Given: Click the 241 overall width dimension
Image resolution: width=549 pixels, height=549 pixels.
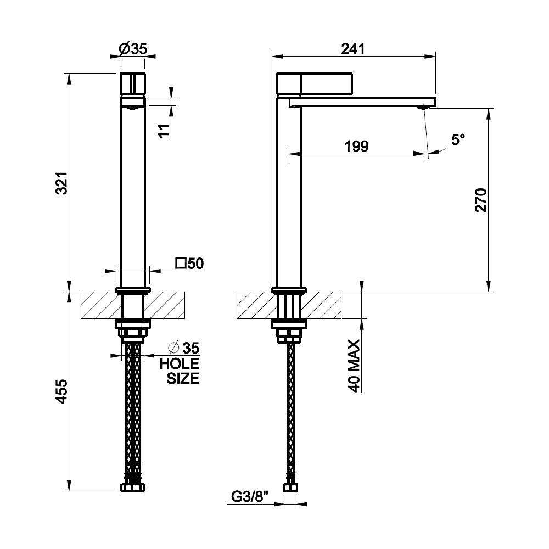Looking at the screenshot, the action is (353, 49).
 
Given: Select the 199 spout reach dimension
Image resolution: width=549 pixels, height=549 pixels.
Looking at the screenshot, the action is (356, 146).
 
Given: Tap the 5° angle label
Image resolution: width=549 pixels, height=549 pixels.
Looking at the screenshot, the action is (458, 139).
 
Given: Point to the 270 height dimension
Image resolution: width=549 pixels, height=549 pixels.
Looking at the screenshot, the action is (481, 200).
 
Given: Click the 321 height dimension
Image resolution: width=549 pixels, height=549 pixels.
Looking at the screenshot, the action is (62, 183).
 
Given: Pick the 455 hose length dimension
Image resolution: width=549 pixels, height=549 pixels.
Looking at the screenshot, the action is (62, 391).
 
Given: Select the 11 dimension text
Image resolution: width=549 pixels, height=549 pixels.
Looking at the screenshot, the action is (164, 131).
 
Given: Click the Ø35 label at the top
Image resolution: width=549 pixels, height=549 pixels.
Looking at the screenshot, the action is (133, 49).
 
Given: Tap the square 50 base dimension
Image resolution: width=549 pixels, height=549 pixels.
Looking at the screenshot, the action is (189, 264).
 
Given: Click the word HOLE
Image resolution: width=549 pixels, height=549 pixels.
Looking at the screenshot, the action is (179, 364).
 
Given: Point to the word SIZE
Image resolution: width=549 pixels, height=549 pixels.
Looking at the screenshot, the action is (183, 378).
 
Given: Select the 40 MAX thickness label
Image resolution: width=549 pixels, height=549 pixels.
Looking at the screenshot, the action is (354, 366).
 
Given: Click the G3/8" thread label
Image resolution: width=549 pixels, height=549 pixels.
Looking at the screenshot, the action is (250, 496).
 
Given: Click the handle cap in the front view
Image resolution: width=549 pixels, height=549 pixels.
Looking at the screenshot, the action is (133, 83).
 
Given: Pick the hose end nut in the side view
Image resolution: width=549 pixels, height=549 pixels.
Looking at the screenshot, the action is (290, 488).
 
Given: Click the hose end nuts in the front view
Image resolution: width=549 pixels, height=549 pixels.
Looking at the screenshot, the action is (133, 488).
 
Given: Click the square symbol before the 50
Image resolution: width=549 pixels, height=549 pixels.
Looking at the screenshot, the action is (181, 264).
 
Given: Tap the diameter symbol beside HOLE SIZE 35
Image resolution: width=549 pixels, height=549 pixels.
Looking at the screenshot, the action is (174, 349).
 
